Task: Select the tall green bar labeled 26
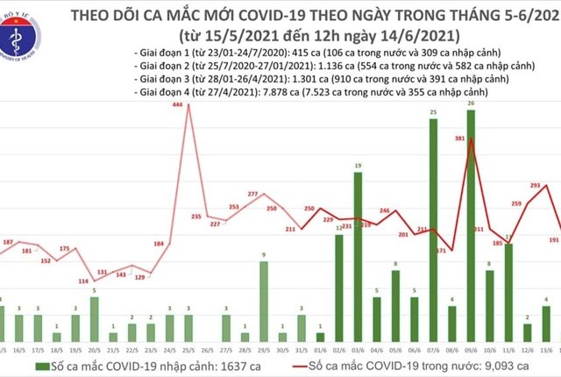pyautogui.click(x=472, y=228)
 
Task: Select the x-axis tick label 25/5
pyautogui.click(x=187, y=348)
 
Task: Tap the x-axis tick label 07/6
pyautogui.click(x=433, y=348)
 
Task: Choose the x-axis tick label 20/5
pyautogui.click(x=93, y=348)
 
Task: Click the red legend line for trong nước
pyautogui.click(x=305, y=363)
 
